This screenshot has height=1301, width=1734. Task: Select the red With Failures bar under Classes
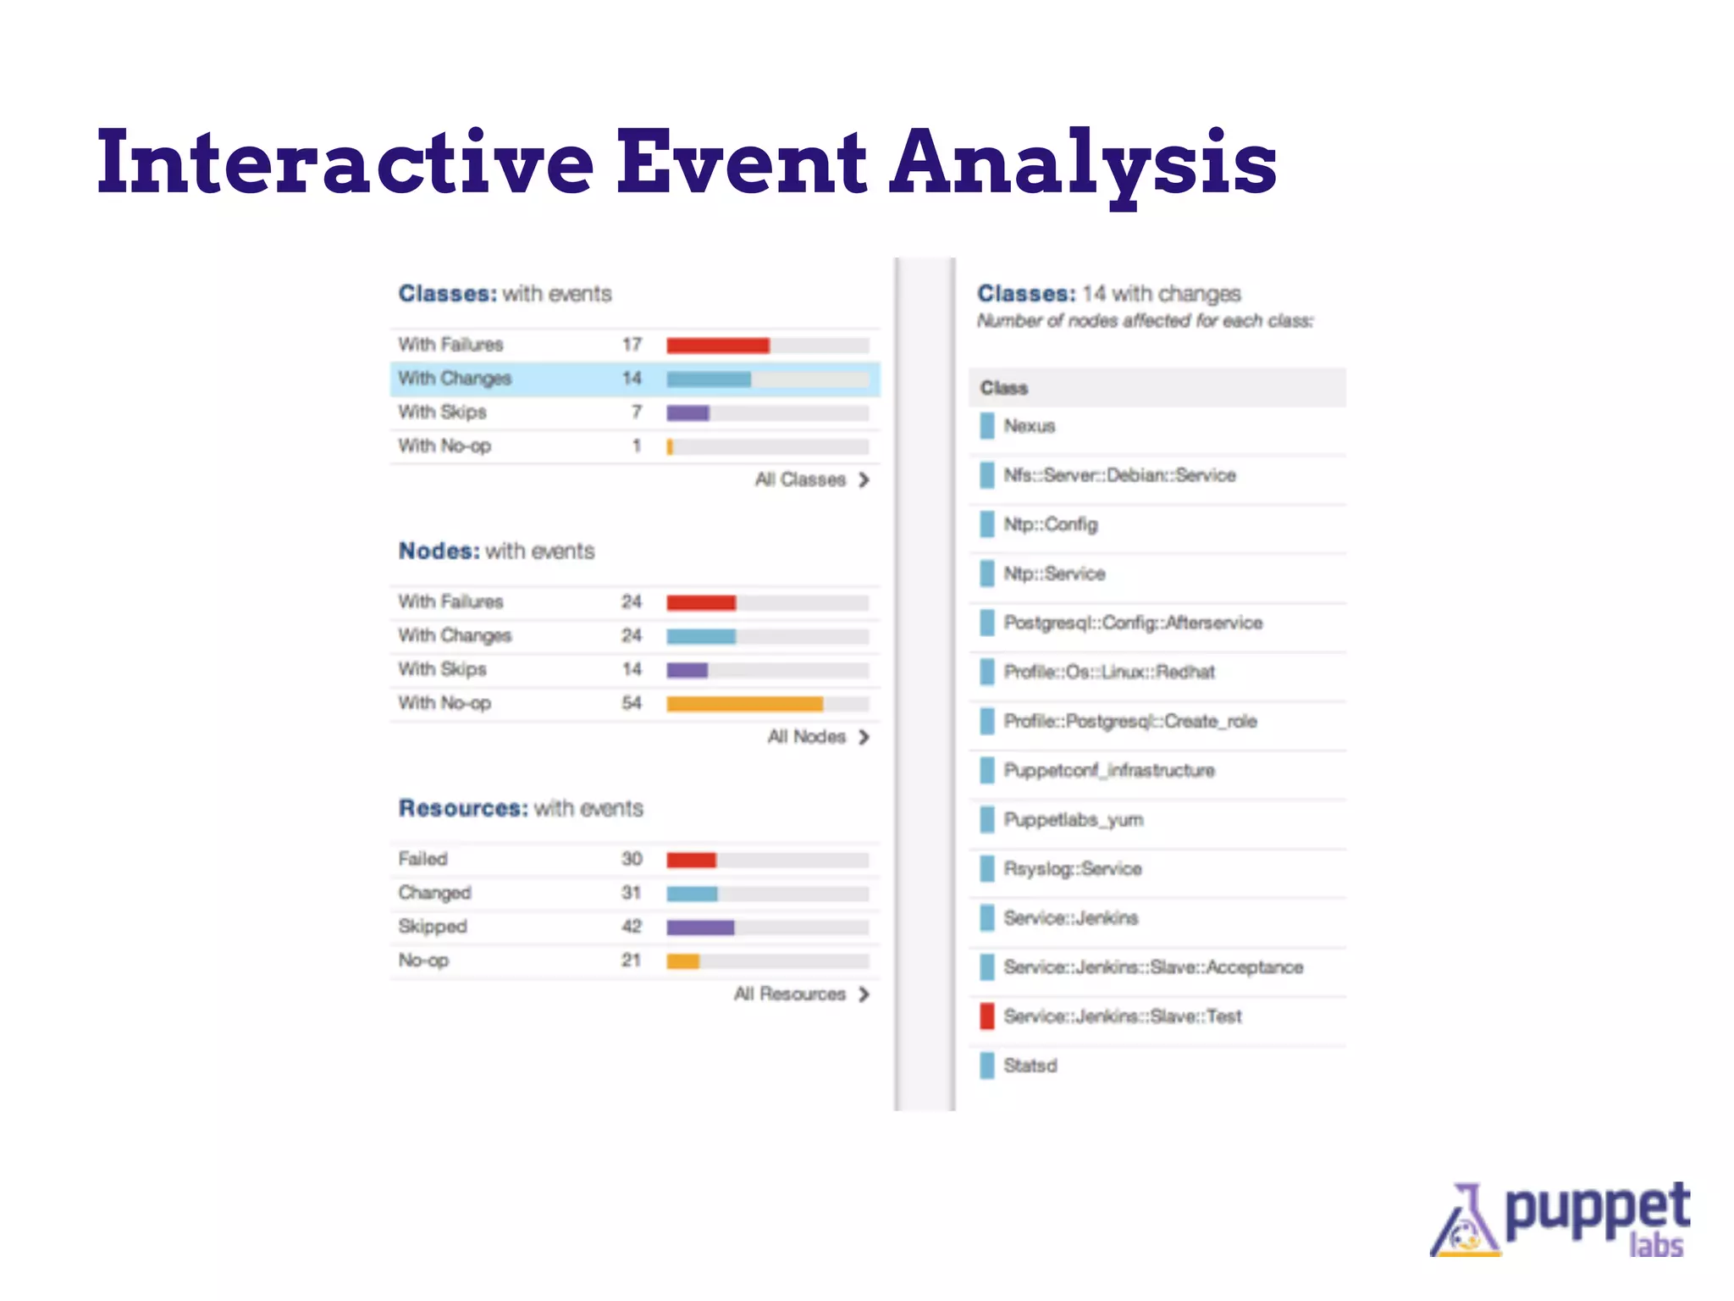[717, 345]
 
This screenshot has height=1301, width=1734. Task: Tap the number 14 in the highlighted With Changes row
[632, 378]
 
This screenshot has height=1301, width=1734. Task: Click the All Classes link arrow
[864, 479]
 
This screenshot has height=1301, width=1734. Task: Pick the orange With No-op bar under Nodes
[744, 703]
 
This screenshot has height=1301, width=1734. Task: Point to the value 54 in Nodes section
[632, 703]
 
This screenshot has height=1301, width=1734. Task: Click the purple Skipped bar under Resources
[699, 927]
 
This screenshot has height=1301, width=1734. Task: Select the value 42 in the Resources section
[632, 927]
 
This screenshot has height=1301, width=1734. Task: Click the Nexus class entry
[1030, 426]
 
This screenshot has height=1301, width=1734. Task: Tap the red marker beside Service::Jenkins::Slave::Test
[986, 1016]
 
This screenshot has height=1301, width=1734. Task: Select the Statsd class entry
[1030, 1065]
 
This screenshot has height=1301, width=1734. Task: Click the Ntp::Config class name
[1051, 524]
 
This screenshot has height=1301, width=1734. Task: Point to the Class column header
[1004, 388]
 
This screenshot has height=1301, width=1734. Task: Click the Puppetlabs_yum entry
[1074, 819]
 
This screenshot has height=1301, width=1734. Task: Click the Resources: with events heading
[521, 808]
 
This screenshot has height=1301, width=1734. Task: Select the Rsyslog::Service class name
[1073, 868]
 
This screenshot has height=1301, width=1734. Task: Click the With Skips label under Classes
[442, 412]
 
